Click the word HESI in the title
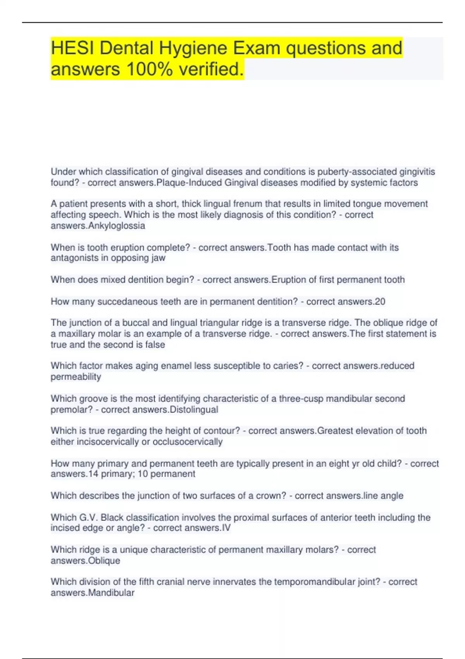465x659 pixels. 72,48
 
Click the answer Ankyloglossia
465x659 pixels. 117,226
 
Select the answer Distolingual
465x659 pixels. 194,409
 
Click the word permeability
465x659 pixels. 76,376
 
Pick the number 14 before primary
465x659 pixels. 93,474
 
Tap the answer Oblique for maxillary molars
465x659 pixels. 104,561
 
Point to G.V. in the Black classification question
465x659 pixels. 89,517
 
